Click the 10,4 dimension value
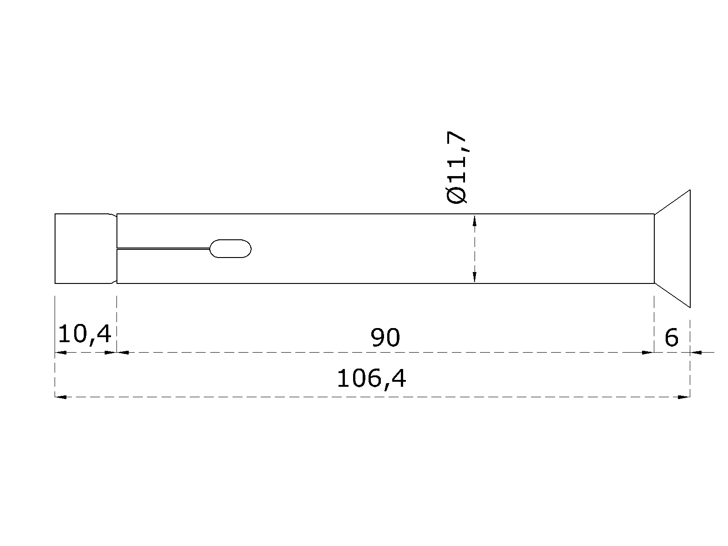(85, 334)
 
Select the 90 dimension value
(385, 338)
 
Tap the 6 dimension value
(672, 338)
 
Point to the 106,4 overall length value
(371, 379)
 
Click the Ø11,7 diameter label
(457, 167)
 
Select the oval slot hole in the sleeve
(230, 248)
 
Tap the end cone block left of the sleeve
(83, 248)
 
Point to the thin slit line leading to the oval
(163, 248)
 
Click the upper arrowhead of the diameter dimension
(475, 221)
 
